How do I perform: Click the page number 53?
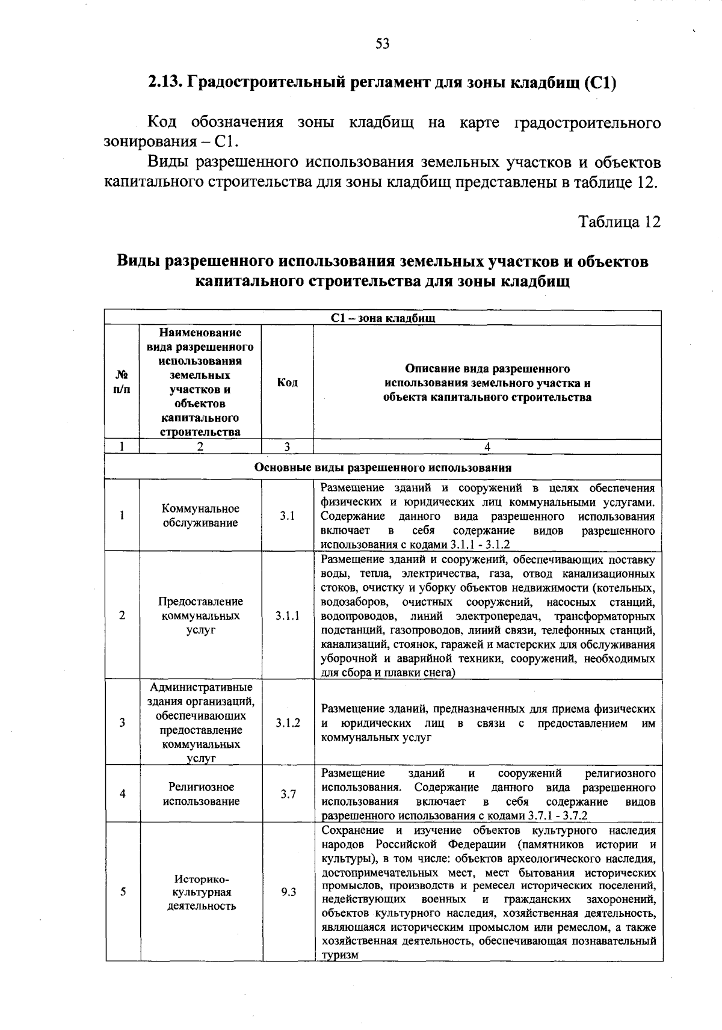(383, 43)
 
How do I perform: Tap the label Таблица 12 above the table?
(619, 222)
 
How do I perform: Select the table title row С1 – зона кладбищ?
(383, 318)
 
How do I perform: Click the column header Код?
(287, 383)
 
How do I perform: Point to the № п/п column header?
(122, 383)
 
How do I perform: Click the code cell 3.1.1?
(288, 615)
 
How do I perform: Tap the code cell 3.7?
(288, 794)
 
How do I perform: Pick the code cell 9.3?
(288, 892)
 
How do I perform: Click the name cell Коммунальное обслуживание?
(200, 516)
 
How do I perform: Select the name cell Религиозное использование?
(200, 794)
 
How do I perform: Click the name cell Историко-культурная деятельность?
(201, 892)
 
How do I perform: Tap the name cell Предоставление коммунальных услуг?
(200, 615)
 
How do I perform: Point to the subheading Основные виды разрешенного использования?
(383, 467)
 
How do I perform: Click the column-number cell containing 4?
(487, 446)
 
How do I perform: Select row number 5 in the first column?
(122, 892)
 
